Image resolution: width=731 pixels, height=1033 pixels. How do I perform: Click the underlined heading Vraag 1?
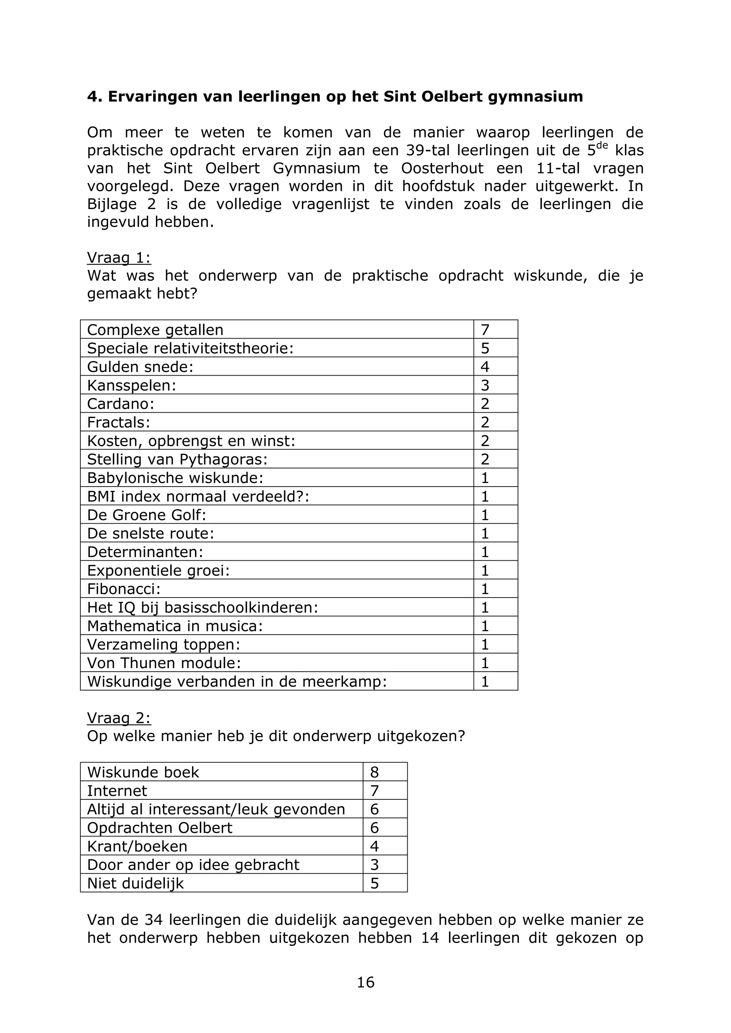pyautogui.click(x=119, y=258)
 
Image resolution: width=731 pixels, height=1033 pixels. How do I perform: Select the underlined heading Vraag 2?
pyautogui.click(x=119, y=718)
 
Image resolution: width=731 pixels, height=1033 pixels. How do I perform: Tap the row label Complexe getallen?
pyautogui.click(x=155, y=330)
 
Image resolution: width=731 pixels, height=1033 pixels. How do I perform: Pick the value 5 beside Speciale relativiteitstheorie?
pyautogui.click(x=485, y=348)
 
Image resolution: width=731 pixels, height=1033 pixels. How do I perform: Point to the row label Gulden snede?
pyautogui.click(x=140, y=367)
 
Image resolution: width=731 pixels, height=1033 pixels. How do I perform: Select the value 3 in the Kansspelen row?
pyautogui.click(x=485, y=385)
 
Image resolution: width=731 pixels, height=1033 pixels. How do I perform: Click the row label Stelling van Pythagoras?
pyautogui.click(x=177, y=459)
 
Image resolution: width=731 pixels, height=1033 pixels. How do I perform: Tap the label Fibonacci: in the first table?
pyautogui.click(x=123, y=589)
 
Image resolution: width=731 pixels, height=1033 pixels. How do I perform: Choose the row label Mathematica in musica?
pyautogui.click(x=175, y=626)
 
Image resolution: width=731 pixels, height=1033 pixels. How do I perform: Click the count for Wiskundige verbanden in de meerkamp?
pyautogui.click(x=485, y=682)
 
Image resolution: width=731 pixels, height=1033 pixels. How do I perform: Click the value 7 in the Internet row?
pyautogui.click(x=374, y=791)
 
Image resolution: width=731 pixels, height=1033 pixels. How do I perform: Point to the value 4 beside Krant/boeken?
pyautogui.click(x=374, y=846)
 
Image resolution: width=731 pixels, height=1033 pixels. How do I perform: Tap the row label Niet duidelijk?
pyautogui.click(x=136, y=883)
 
